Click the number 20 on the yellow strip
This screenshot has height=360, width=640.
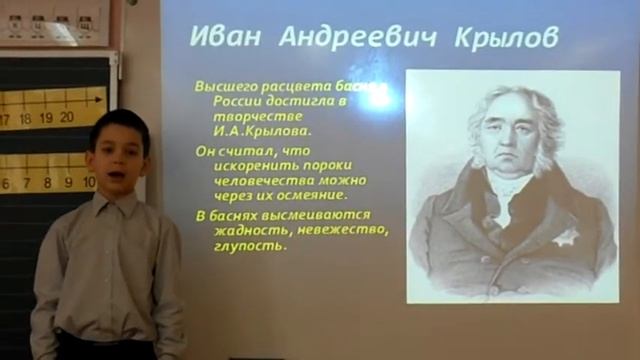pyautogui.click(x=66, y=117)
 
